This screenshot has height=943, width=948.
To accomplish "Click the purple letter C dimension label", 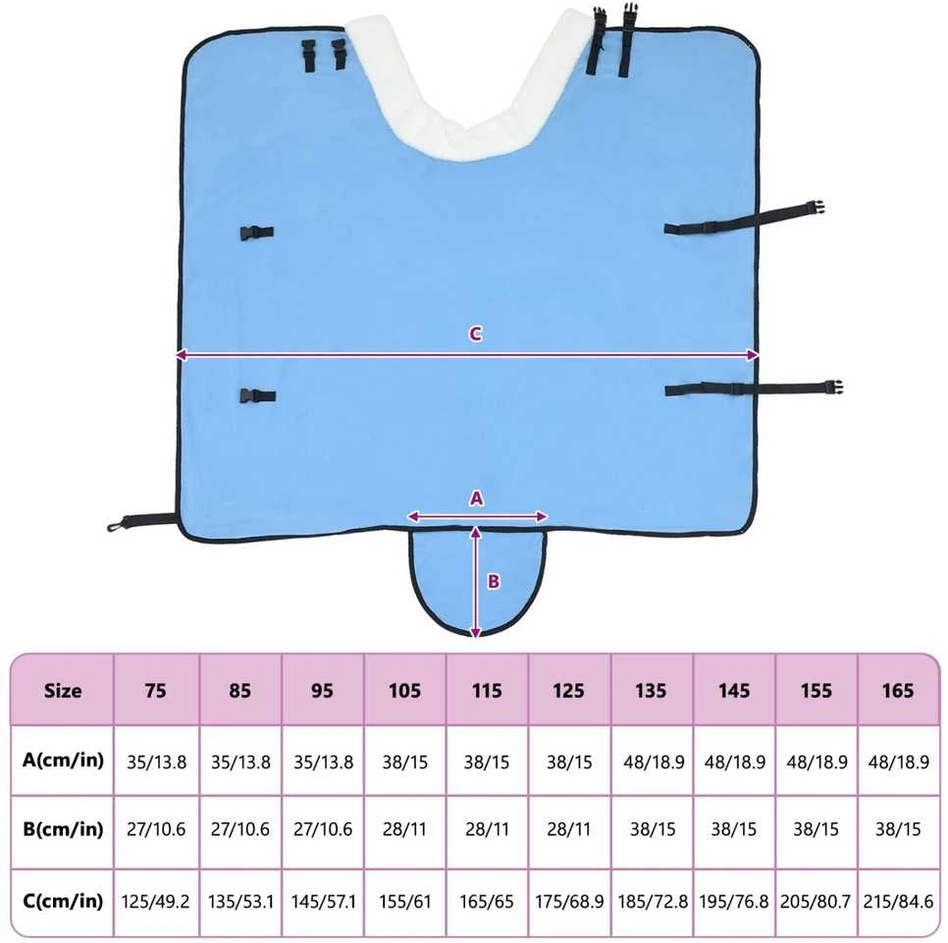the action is [x=476, y=335].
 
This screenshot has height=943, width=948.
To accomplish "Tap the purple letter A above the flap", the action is [x=476, y=498].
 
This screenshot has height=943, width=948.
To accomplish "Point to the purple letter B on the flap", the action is [x=494, y=582].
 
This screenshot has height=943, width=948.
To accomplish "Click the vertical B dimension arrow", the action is [x=476, y=582].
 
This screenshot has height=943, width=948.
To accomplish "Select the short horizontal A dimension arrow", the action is [x=477, y=517].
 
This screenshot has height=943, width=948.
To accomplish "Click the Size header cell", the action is [x=63, y=691].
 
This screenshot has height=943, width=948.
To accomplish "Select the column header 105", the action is [x=404, y=691].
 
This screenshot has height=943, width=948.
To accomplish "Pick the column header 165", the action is [x=898, y=691].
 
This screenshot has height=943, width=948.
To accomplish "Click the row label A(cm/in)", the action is [x=63, y=760].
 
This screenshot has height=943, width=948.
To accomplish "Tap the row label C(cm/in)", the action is [x=63, y=901].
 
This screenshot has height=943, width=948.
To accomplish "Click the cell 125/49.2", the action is [x=155, y=902].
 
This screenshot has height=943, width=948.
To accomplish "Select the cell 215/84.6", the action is [x=898, y=902].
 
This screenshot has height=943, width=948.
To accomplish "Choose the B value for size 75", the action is [x=156, y=829].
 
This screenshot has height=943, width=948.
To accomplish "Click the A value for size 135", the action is [x=654, y=762].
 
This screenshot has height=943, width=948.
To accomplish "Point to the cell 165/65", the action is [x=487, y=902].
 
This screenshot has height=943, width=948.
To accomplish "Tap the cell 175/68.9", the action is [x=569, y=902].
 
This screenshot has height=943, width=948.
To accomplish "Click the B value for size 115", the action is [x=487, y=829].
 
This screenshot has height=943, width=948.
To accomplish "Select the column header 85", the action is [x=240, y=691].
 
